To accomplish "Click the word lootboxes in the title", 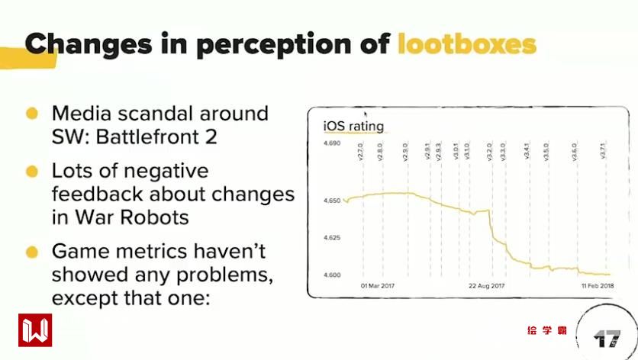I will coord(466,43).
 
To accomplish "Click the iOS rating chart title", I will coord(353,125).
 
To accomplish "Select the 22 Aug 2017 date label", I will coord(487,287).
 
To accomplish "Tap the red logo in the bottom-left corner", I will coord(35,329).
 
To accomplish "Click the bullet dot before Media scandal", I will coord(32,114).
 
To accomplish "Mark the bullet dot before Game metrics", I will coord(32,252).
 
